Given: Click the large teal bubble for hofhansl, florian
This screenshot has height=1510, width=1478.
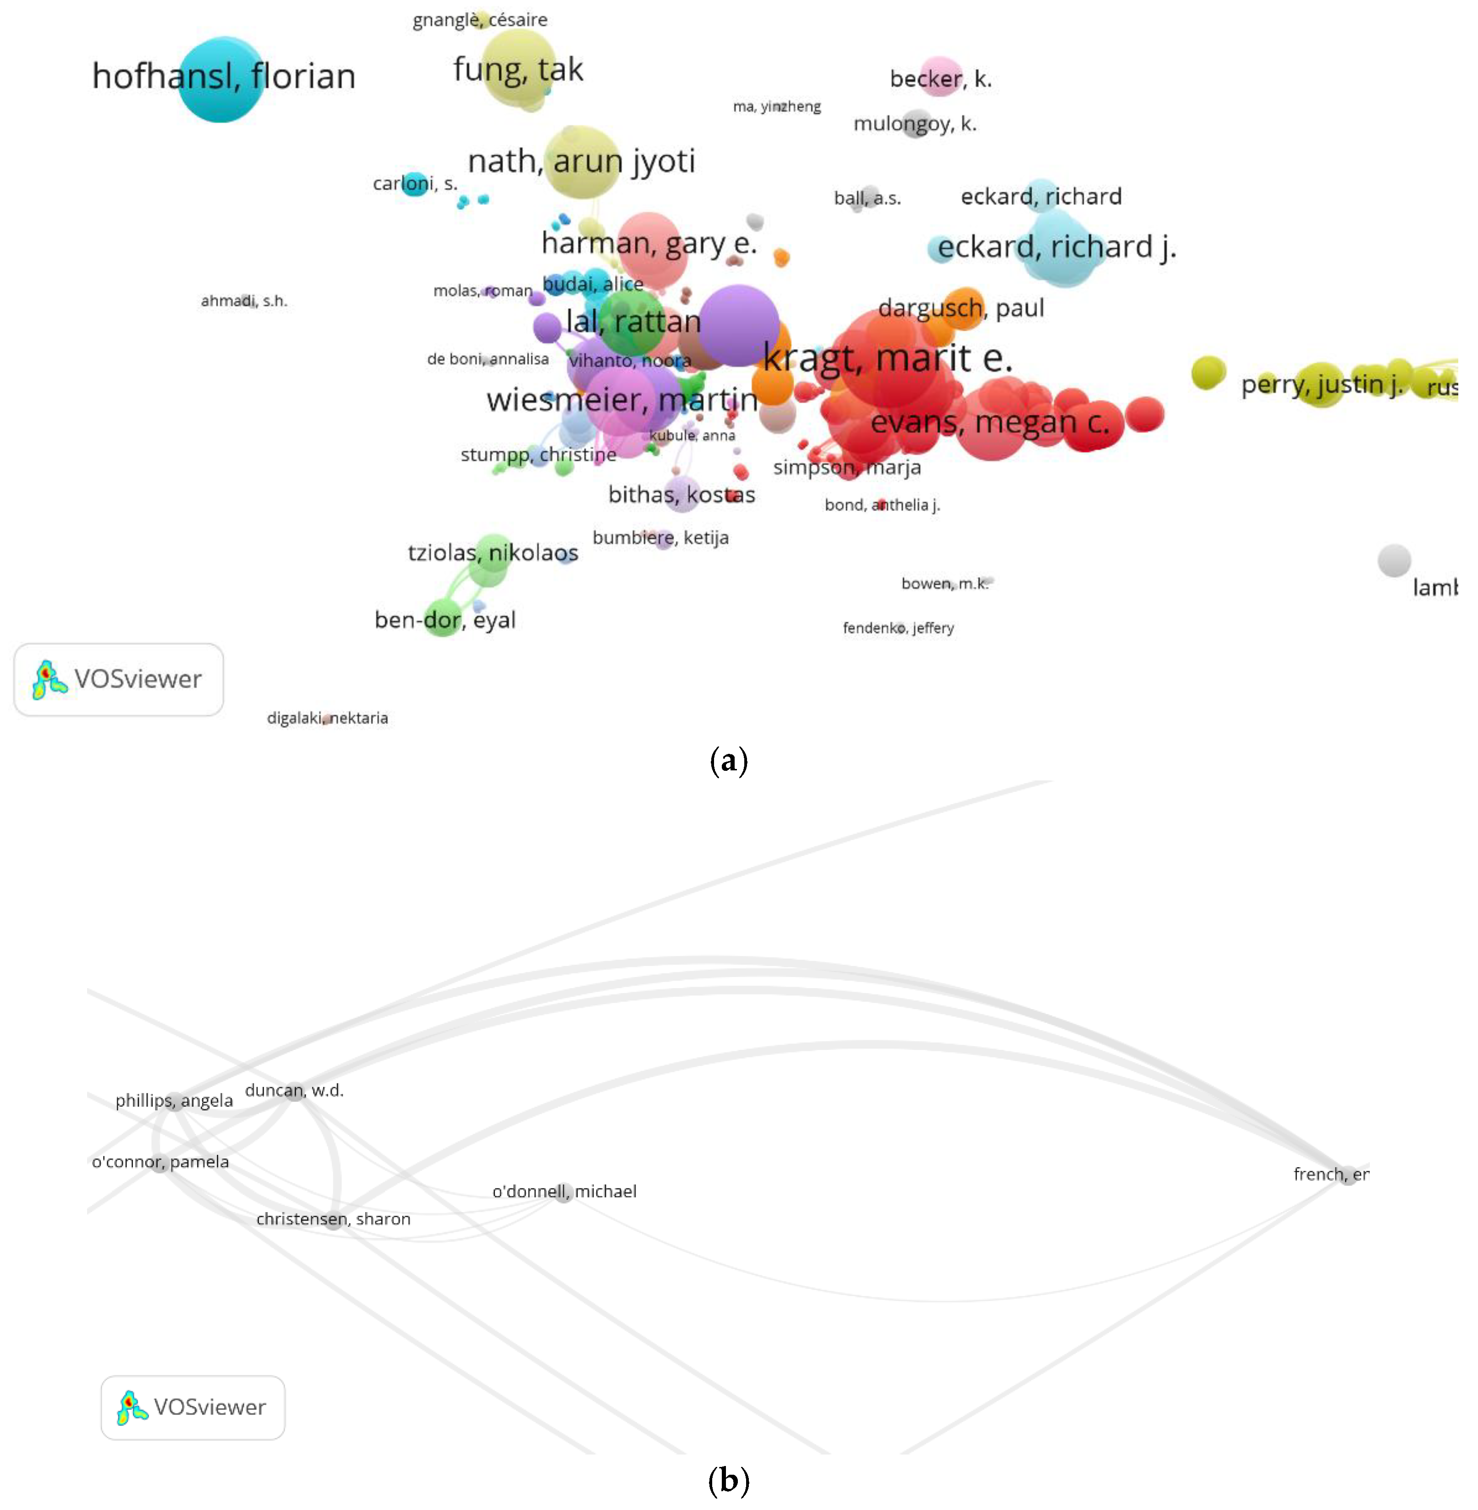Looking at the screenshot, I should click(220, 79).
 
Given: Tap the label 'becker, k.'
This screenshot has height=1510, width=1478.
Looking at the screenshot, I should click(940, 78).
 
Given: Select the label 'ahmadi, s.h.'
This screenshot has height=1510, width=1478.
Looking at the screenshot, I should click(244, 301).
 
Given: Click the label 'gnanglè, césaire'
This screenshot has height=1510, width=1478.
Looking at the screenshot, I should click(480, 19).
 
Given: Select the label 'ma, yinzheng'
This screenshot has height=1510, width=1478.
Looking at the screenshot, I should click(776, 106).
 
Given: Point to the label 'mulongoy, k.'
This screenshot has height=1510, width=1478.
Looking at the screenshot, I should click(914, 123).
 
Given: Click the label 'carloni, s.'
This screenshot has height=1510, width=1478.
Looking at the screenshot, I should click(415, 183).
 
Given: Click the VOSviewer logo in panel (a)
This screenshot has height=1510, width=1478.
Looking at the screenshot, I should click(119, 679).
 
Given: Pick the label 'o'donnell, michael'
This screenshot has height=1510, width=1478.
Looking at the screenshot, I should click(564, 1192).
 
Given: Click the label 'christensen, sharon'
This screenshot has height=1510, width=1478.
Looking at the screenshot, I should click(333, 1219).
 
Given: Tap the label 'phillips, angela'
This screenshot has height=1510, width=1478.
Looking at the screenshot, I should click(174, 1101).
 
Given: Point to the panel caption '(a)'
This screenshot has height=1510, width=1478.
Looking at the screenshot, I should click(728, 761).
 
